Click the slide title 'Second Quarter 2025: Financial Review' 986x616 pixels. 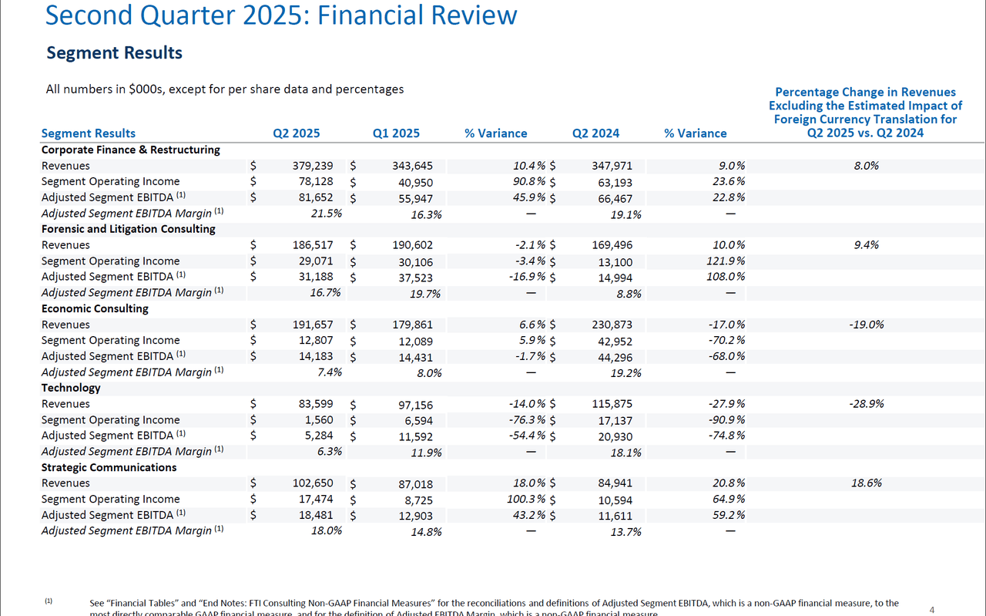[x=281, y=15]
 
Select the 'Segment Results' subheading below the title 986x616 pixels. [x=114, y=52]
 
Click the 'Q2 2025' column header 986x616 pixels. [x=297, y=133]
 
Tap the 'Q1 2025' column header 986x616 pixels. [x=396, y=133]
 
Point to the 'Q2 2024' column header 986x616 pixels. [x=595, y=133]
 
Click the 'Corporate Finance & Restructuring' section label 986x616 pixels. [x=130, y=150]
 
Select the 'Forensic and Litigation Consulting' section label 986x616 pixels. [x=128, y=229]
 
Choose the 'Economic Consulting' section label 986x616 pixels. [x=95, y=308]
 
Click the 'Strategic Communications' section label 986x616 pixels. [x=109, y=467]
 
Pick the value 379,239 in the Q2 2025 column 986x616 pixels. [x=313, y=166]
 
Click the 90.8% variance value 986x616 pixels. [x=529, y=182]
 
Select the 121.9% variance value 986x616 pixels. [x=725, y=261]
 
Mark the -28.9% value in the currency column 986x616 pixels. [x=866, y=404]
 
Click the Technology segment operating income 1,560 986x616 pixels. [x=320, y=420]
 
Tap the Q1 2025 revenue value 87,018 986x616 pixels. [x=413, y=484]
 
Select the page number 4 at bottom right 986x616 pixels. [x=932, y=610]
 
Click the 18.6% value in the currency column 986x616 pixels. [x=867, y=483]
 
